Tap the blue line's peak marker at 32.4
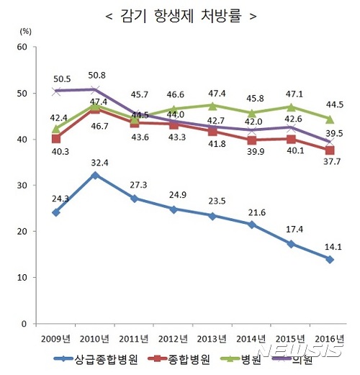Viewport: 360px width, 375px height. click(x=95, y=175)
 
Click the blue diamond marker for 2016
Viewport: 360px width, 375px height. click(x=330, y=259)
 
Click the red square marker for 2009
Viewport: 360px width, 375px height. click(x=55, y=138)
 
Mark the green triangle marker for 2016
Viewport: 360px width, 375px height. click(x=330, y=119)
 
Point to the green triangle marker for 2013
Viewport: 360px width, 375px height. click(x=212, y=106)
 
